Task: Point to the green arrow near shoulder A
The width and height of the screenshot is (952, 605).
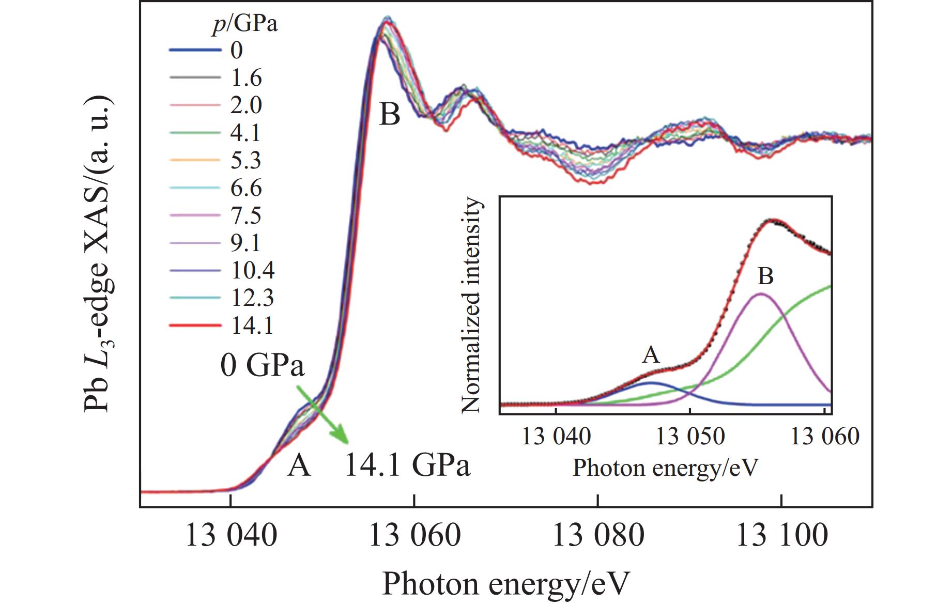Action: (x=323, y=414)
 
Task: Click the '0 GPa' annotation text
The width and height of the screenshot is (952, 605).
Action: (x=262, y=366)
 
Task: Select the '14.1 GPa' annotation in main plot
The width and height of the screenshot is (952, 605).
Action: (x=407, y=466)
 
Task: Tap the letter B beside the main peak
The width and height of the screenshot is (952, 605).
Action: (x=390, y=115)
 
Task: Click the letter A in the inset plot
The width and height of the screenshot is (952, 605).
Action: (x=651, y=355)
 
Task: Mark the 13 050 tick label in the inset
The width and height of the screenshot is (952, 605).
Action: (x=690, y=437)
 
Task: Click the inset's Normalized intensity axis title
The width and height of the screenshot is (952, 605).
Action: (x=471, y=306)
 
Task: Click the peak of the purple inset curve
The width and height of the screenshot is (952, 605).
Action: (x=761, y=294)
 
